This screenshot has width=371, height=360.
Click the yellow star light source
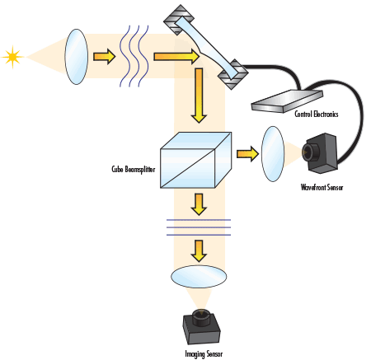coord(12,57)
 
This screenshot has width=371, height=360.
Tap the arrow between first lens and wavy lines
coord(104,57)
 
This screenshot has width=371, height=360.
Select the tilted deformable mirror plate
coord(205,48)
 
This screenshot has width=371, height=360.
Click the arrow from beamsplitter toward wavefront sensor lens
coord(247,152)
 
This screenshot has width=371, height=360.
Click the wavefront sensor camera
coord(320,152)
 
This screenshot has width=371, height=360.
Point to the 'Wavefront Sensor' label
coord(322,187)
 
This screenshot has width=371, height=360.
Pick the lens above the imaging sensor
coord(199,274)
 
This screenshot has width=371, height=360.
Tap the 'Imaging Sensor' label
coord(203,353)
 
